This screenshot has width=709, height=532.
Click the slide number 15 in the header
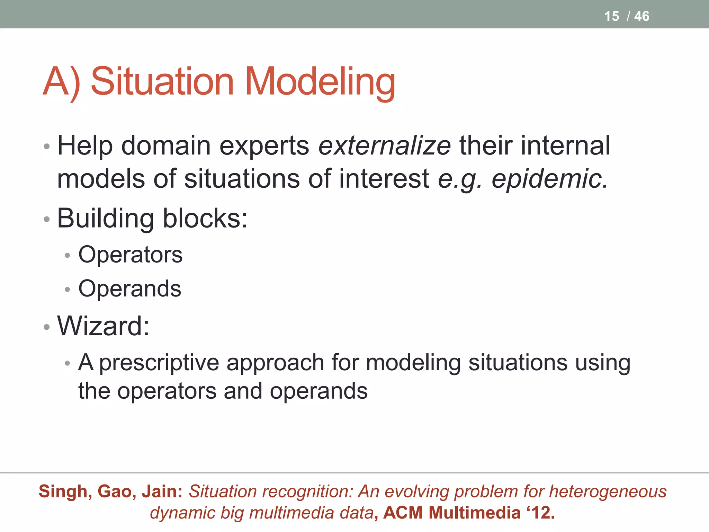(611, 16)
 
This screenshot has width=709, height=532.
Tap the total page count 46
(641, 16)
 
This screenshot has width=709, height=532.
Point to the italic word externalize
(384, 146)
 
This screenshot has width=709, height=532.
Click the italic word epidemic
(549, 179)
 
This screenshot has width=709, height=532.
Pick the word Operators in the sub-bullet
(131, 255)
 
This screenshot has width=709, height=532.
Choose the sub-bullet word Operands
(130, 289)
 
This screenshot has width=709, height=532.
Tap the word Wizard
(103, 326)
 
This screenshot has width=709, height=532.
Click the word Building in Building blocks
(105, 219)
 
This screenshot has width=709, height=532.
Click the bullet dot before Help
(47, 147)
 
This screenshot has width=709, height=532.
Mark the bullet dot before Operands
(68, 290)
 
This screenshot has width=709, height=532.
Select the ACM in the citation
(403, 513)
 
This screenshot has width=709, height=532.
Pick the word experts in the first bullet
(264, 146)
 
